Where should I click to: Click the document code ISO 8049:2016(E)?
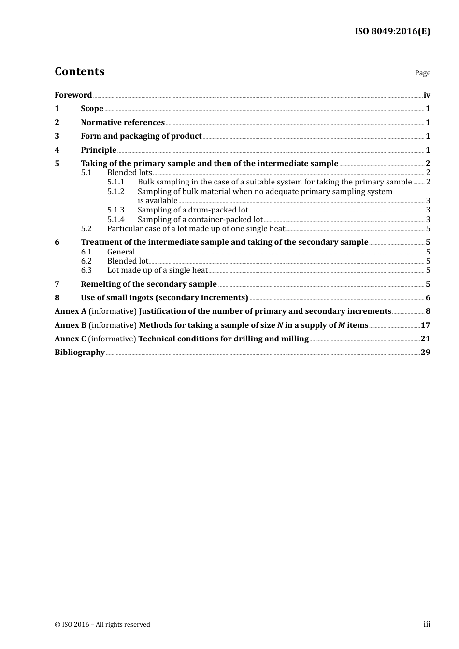click(392, 32)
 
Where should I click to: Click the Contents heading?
click(79, 71)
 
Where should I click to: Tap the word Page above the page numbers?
click(422, 73)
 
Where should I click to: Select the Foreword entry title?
click(73, 95)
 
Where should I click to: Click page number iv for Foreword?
click(427, 95)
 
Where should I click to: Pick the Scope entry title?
click(92, 109)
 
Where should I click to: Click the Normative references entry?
click(123, 123)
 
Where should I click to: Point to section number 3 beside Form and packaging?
click(57, 136)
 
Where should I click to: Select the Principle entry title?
click(99, 150)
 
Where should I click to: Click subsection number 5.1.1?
click(115, 182)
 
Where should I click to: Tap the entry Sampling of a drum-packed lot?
click(193, 210)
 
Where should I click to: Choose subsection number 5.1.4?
click(115, 220)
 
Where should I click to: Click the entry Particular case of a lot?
click(196, 229)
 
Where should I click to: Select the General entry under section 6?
click(121, 252)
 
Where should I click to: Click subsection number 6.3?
click(86, 270)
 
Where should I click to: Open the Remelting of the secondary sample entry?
click(149, 284)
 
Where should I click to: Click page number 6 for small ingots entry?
click(428, 298)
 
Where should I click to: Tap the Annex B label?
click(71, 325)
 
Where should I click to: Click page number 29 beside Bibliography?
click(425, 353)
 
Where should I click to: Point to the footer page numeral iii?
click(427, 624)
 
